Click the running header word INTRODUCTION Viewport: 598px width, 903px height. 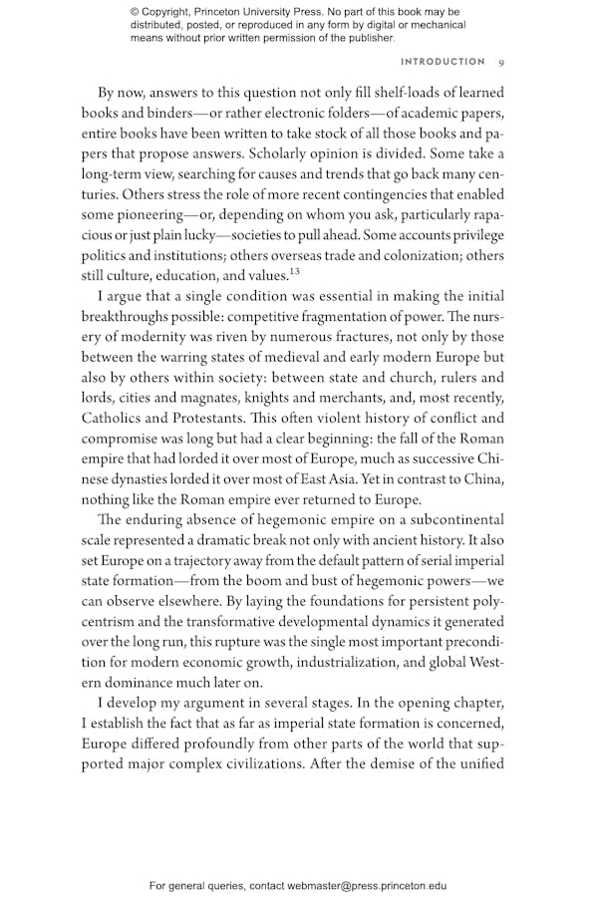443,62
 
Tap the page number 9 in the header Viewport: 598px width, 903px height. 501,62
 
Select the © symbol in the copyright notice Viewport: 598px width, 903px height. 135,11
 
